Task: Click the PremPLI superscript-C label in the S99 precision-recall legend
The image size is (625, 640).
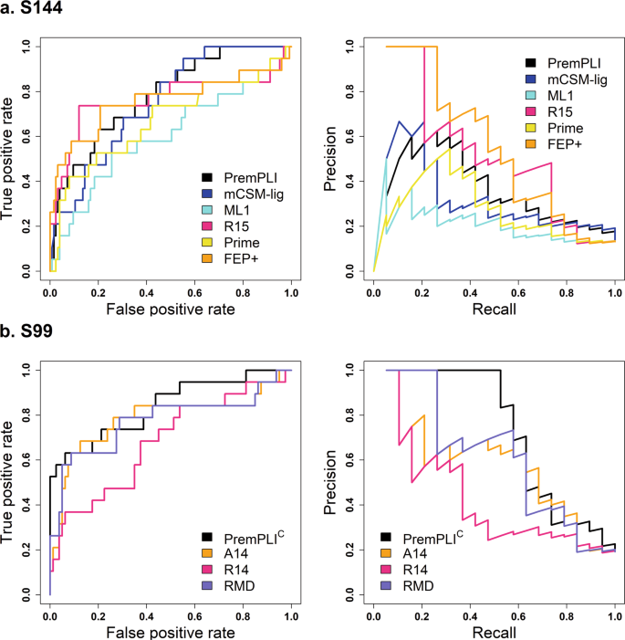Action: (434, 537)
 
